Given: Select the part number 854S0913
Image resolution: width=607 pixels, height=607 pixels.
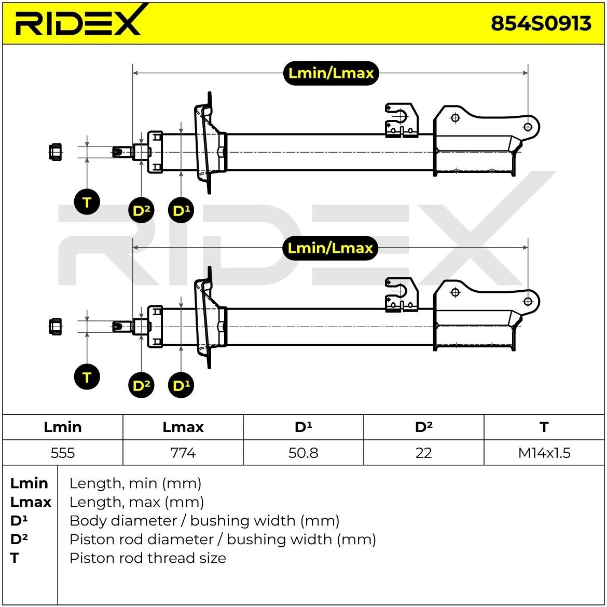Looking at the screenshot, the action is (541, 23).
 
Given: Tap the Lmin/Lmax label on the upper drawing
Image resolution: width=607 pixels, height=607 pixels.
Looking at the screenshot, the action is (331, 73).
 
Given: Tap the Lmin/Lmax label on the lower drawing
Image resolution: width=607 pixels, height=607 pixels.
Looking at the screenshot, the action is (330, 248).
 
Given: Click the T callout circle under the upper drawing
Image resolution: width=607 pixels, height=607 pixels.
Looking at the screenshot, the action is (87, 202).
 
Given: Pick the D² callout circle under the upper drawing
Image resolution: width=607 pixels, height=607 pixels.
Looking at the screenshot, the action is (141, 210).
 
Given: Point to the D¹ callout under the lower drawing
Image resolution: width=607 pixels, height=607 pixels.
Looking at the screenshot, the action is (181, 385).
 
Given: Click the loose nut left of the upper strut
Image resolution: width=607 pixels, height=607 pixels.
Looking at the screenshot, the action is (56, 152).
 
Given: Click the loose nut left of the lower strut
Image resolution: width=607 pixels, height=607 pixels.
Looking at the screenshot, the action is (56, 327).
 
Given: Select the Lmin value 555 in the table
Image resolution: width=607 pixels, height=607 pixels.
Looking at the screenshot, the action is (63, 452).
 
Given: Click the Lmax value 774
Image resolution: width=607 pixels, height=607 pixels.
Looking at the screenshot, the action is (183, 452).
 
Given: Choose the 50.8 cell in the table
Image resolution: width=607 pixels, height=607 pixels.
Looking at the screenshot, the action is (303, 452).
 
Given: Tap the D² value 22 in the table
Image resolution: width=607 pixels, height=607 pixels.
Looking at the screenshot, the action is (423, 452).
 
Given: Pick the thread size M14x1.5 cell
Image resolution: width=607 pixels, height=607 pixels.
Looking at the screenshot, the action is (544, 452).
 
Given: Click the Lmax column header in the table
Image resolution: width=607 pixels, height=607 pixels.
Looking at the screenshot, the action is (183, 427).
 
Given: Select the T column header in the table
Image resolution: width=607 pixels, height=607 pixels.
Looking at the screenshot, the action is (544, 427).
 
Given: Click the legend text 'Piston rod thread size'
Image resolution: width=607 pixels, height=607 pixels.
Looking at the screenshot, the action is (147, 558).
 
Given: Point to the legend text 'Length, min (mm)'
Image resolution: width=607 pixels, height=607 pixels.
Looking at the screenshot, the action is (135, 483).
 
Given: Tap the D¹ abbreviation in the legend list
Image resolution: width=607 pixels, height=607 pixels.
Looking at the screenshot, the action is (19, 520).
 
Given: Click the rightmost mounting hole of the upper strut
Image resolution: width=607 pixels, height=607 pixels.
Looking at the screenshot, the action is (528, 127).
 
